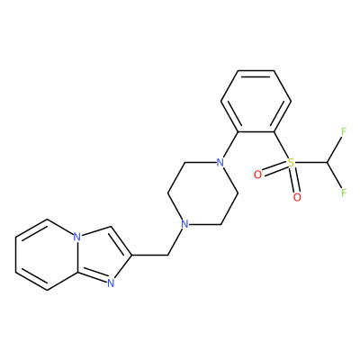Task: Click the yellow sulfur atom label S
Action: click(291, 163)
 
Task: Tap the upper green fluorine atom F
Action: click(344, 131)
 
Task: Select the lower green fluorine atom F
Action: click(344, 193)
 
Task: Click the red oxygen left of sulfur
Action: click(257, 175)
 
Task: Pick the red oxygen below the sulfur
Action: click(297, 197)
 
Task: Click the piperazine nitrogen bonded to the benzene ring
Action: click(220, 163)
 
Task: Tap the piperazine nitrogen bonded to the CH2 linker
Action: click(185, 224)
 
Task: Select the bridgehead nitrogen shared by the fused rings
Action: click(77, 237)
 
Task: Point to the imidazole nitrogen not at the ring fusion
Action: click(111, 283)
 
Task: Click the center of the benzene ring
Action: click(256, 102)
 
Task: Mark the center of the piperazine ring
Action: click(202, 193)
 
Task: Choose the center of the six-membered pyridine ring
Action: click(47, 255)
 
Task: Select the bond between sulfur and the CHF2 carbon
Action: click(310, 163)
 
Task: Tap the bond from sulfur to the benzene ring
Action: click(281, 145)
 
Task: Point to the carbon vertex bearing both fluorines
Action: click(327, 163)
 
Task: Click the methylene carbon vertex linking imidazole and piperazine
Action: click(167, 256)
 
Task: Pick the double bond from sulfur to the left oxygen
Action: click(274, 169)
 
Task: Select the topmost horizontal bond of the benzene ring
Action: click(256, 71)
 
